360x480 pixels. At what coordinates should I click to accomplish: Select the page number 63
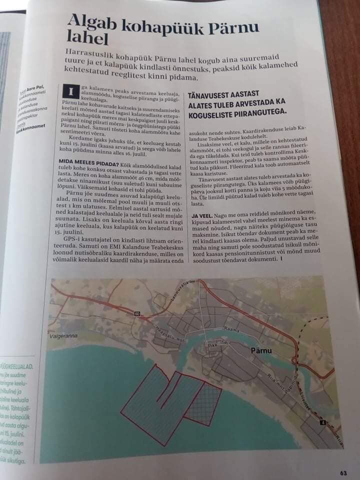[x=343, y=473]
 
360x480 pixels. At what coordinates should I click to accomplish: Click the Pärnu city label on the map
[x=260, y=350]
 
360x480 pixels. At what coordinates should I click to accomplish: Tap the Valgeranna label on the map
[x=63, y=336]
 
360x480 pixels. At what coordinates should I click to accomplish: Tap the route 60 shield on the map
[x=136, y=313]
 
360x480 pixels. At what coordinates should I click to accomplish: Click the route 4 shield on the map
[x=322, y=423]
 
